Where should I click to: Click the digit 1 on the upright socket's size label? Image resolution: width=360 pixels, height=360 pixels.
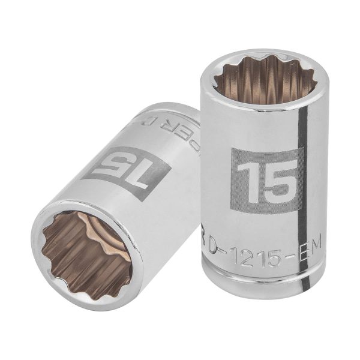click(x=247, y=179)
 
